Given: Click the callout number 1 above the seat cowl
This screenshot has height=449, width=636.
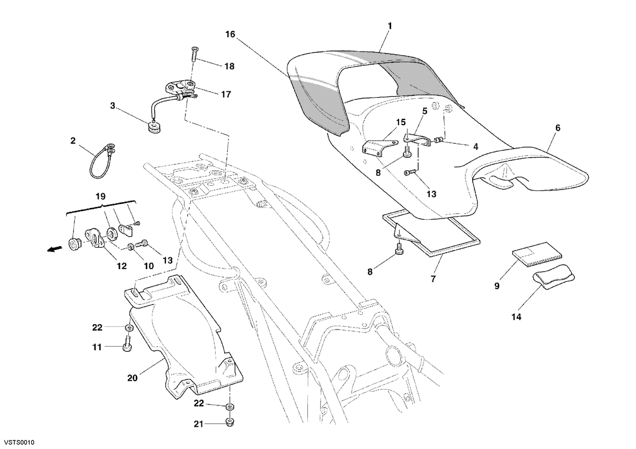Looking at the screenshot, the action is click(390, 26).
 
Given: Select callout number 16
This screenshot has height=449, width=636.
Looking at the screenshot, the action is click(230, 34).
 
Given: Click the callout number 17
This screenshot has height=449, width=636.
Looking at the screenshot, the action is click(226, 94).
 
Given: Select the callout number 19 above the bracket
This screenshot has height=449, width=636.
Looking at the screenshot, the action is click(101, 196).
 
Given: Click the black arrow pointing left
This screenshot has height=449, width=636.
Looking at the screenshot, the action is click(55, 249).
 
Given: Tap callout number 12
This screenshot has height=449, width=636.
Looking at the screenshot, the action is click(121, 266).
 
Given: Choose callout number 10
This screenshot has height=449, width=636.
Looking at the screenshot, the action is click(149, 266).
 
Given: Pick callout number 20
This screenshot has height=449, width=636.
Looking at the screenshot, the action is click(132, 378).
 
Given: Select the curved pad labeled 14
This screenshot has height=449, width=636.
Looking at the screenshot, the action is click(553, 277).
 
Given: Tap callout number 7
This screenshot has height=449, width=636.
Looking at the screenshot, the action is click(433, 279).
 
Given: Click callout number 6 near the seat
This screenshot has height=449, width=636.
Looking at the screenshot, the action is click(558, 128).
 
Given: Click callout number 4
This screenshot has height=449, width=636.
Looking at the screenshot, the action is click(475, 146).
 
